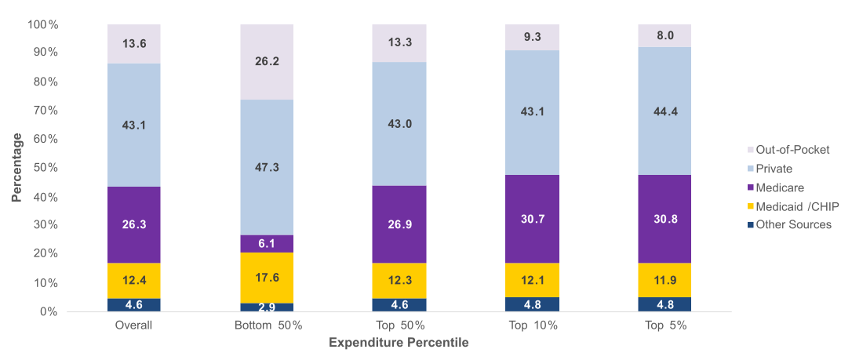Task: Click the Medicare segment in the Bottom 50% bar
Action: click(267, 243)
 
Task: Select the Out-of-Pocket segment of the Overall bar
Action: click(134, 44)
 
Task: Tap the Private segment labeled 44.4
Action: click(664, 111)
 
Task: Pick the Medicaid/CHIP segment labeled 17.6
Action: click(267, 277)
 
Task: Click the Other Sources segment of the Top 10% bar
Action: click(532, 304)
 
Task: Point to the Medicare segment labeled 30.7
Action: click(532, 219)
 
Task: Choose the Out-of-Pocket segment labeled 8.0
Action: click(664, 35)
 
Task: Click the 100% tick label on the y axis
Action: click(44, 24)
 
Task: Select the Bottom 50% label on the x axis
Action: click(267, 325)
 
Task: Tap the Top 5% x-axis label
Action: click(664, 325)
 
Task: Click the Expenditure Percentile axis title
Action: click(399, 344)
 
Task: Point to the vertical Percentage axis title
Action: click(17, 168)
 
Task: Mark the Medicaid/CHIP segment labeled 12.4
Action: click(134, 281)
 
